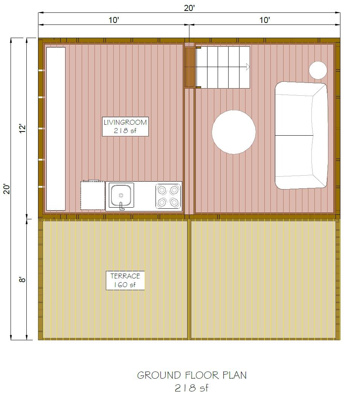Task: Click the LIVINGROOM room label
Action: coord(125,126)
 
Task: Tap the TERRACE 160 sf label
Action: coord(125,280)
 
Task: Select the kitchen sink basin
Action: coord(122,194)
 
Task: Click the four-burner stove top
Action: coord(168,196)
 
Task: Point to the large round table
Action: coord(234,132)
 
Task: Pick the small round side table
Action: coord(318,70)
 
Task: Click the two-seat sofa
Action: coord(301,135)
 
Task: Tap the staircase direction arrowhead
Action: coord(248,67)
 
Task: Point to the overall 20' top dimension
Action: coord(189,8)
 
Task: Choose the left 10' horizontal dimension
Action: coord(114,20)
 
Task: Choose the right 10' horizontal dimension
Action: coord(265,20)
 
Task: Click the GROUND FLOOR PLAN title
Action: coord(192,375)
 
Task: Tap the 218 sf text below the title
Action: coord(192,387)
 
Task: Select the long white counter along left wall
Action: coord(56,128)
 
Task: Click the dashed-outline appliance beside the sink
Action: coord(93,195)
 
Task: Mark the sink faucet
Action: coord(122,206)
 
